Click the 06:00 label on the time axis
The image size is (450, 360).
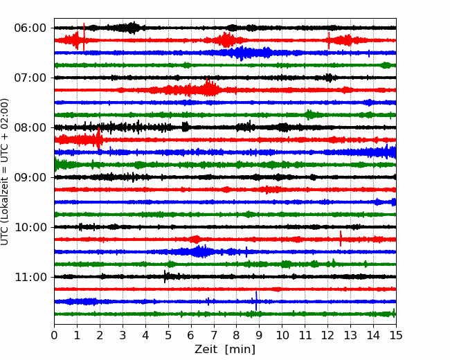pos(30,28)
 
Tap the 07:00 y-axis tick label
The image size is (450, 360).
pos(30,78)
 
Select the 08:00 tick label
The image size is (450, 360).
pos(30,127)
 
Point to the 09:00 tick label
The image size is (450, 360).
pos(30,177)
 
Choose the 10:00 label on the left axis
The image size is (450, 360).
pos(30,227)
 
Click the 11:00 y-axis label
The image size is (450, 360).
pos(30,277)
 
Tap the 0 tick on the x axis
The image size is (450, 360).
pos(54,335)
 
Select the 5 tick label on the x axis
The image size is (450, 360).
pos(168,335)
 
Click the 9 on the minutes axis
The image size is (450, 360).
pos(260,335)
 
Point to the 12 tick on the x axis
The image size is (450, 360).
pos(327,335)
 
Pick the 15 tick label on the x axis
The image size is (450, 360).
pos(396,335)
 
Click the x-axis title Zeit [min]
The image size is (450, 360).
pos(225,350)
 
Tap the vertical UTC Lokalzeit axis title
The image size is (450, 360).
pos(5,172)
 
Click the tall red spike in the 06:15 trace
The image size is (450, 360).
pos(84,37)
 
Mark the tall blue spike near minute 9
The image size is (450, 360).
pos(256,301)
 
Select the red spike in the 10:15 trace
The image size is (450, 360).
pos(341,238)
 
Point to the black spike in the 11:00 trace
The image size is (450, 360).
pos(165,276)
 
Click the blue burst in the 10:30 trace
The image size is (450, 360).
pos(198,251)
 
